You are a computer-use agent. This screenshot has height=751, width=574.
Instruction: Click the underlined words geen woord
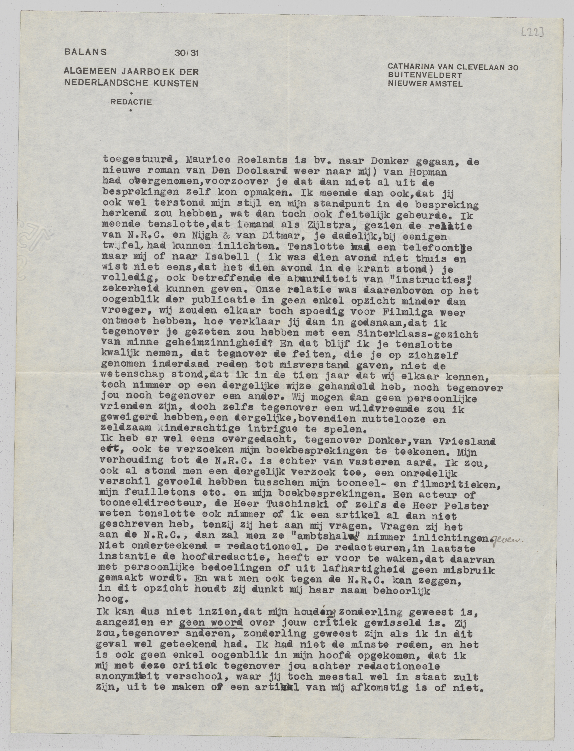[211, 622]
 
